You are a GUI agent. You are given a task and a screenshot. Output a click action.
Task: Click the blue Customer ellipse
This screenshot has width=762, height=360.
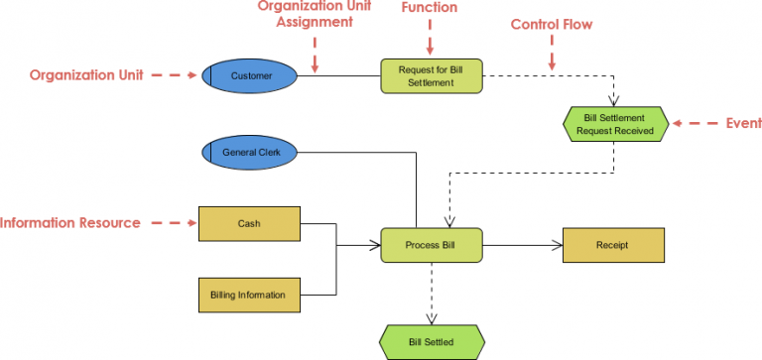pyautogui.click(x=250, y=75)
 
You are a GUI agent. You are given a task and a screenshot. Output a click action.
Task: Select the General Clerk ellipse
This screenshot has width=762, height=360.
pyautogui.click(x=250, y=152)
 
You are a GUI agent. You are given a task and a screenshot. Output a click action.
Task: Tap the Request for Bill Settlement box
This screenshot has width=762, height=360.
pyautogui.click(x=431, y=76)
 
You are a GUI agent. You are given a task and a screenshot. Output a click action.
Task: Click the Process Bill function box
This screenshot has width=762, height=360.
pyautogui.click(x=431, y=244)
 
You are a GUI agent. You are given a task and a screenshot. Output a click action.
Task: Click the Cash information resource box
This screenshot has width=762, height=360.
pyautogui.click(x=249, y=224)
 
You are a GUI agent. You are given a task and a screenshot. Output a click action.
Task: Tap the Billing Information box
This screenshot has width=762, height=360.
pyautogui.click(x=249, y=295)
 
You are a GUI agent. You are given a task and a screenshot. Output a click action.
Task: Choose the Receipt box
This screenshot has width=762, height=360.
pyautogui.click(x=611, y=244)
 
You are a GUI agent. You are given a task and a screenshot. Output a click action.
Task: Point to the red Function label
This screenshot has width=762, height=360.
pyautogui.click(x=430, y=8)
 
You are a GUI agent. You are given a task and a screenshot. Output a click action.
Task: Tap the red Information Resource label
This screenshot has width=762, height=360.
pyautogui.click(x=70, y=223)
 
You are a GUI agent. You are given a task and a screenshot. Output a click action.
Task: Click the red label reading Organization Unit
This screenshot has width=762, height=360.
pyautogui.click(x=86, y=75)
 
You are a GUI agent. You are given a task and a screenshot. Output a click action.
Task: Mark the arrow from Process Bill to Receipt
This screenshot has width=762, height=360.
pyautogui.click(x=522, y=244)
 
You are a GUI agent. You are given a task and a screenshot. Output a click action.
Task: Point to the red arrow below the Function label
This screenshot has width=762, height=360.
pyautogui.click(x=431, y=39)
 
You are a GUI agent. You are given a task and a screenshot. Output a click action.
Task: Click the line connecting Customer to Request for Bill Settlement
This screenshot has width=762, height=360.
pyautogui.click(x=339, y=76)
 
